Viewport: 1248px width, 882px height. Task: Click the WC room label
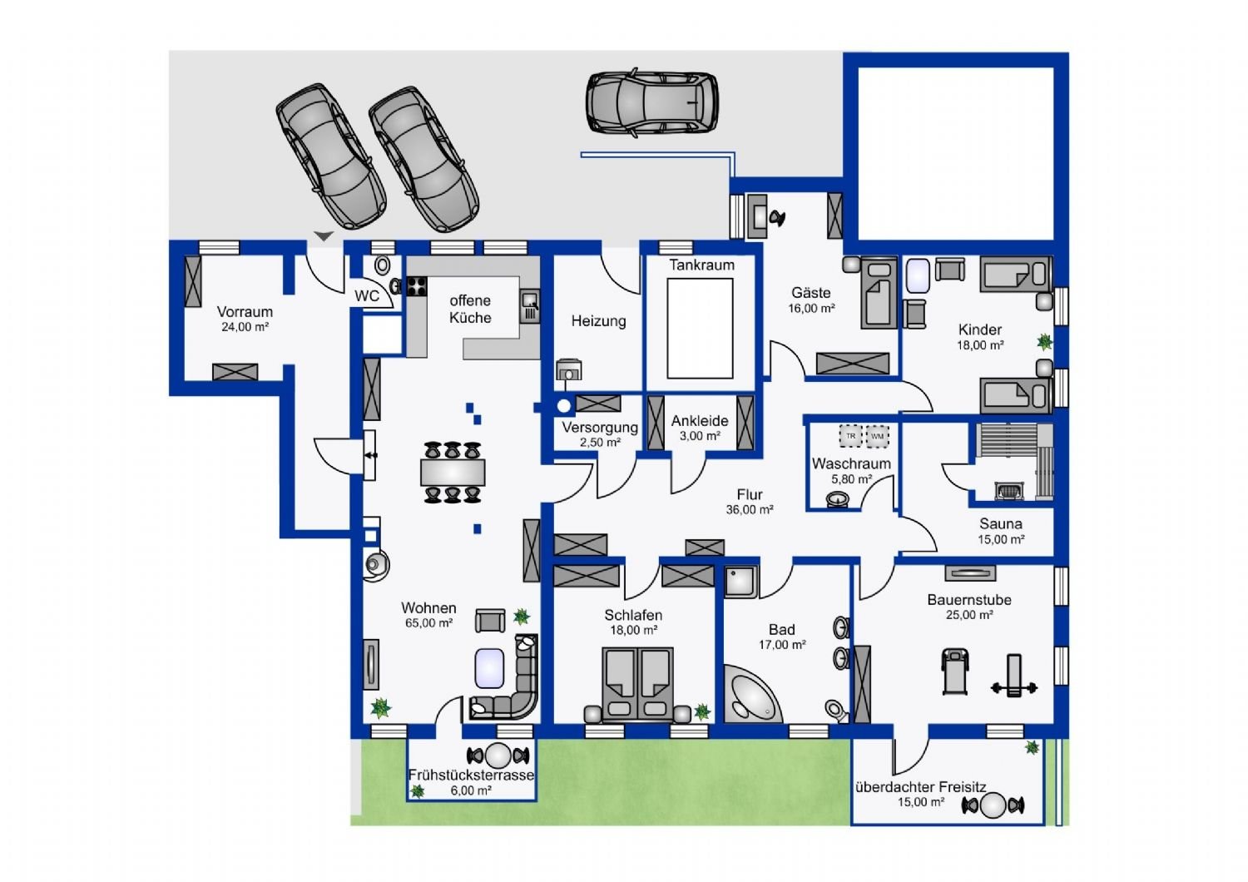click(x=367, y=296)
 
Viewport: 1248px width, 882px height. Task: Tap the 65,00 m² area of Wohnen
click(x=428, y=623)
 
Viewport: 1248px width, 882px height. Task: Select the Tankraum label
click(x=701, y=265)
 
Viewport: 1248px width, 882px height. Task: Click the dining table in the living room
click(x=453, y=473)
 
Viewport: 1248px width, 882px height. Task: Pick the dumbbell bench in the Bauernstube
click(x=1014, y=676)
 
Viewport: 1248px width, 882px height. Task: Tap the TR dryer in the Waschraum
click(x=850, y=436)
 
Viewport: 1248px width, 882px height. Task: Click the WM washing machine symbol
click(x=877, y=436)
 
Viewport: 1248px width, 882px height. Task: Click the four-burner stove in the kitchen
click(x=416, y=286)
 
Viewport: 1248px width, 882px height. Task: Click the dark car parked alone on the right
click(x=651, y=104)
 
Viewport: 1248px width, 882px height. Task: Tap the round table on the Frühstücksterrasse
click(x=498, y=756)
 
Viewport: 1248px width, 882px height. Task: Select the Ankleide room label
click(x=700, y=421)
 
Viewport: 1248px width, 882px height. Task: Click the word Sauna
click(x=1001, y=523)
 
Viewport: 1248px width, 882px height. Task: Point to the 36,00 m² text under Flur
click(x=750, y=509)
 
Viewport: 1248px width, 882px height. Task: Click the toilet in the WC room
click(x=382, y=265)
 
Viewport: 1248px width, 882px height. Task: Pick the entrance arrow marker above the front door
click(x=324, y=236)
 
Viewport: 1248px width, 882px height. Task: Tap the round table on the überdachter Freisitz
click(x=993, y=805)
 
